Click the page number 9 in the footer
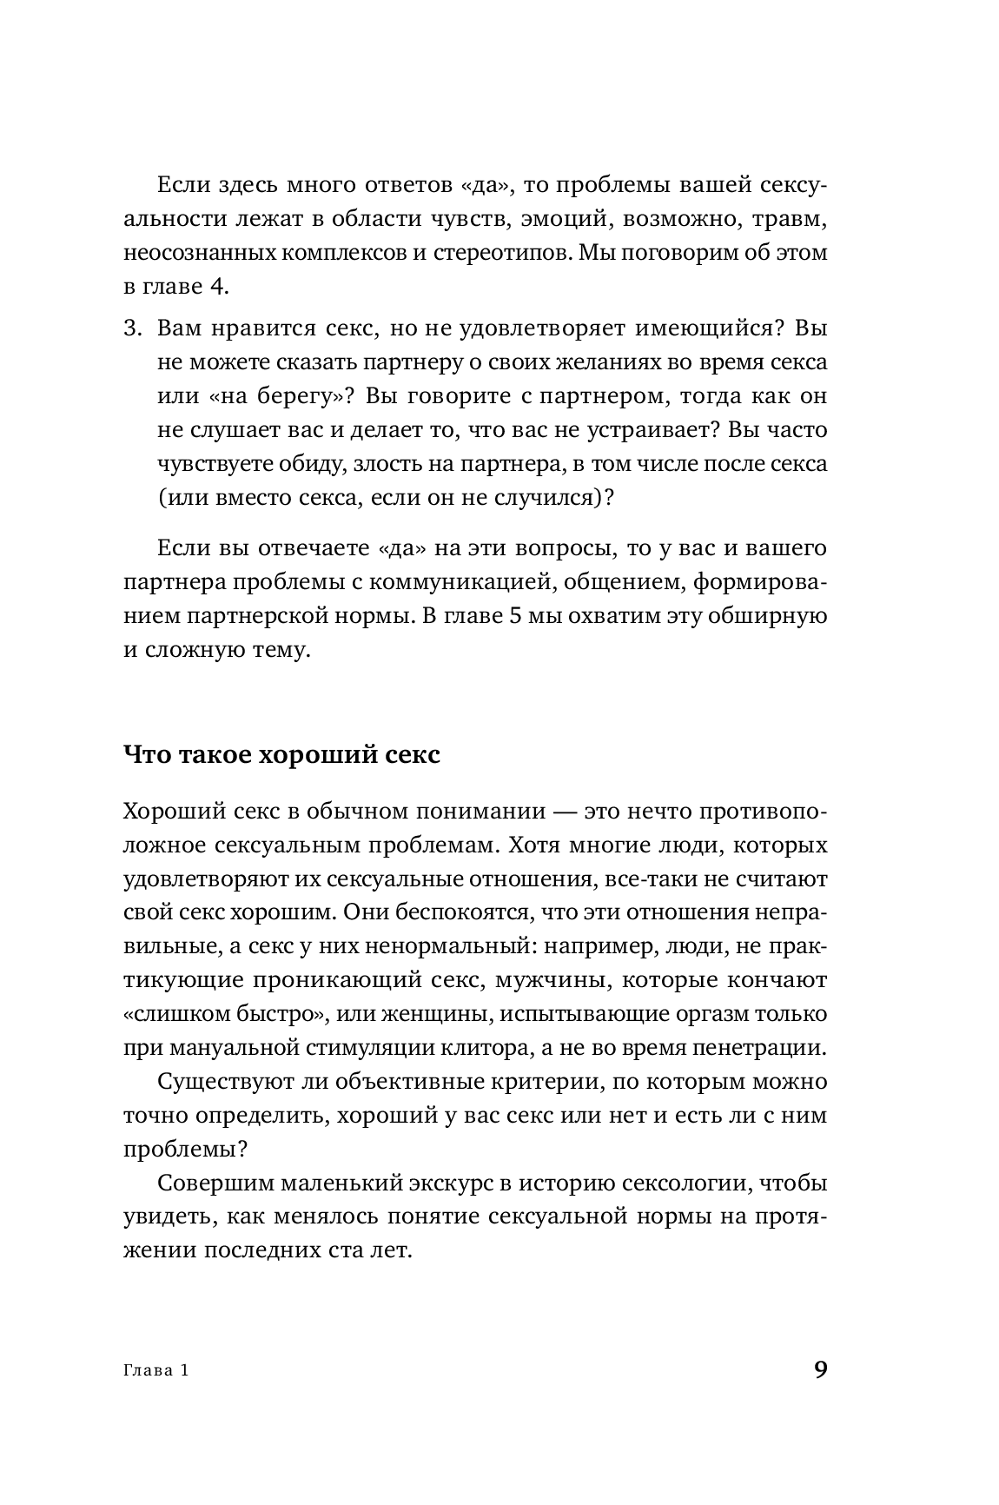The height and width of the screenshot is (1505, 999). click(x=820, y=1370)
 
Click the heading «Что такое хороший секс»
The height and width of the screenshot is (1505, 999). click(x=282, y=754)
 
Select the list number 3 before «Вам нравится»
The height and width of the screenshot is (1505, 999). click(x=132, y=328)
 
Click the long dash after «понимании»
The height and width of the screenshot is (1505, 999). click(x=564, y=812)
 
